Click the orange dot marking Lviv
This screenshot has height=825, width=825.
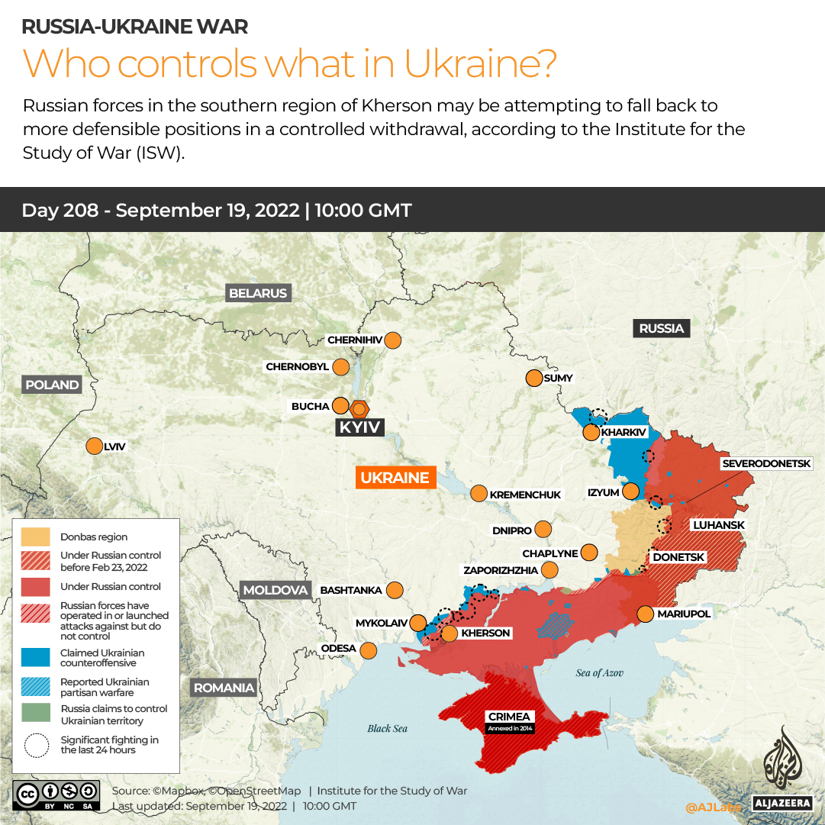95,446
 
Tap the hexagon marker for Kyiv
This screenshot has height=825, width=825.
359,408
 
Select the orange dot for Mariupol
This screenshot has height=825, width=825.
645,614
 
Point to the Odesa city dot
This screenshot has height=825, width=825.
368,650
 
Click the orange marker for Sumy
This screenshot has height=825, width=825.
533,378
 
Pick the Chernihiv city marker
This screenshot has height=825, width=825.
393,340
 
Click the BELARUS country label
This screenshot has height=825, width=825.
258,293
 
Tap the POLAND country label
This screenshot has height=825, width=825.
52,385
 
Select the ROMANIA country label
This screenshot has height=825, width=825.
224,688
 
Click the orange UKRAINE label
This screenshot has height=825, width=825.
395,478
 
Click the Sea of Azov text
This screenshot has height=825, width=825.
599,672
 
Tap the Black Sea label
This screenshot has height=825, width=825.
387,728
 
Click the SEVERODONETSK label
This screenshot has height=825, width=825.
772,463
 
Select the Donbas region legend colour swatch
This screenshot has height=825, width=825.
36,537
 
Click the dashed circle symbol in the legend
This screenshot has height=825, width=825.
36,745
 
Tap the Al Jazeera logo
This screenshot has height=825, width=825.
780,767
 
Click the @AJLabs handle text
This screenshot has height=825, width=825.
713,806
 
